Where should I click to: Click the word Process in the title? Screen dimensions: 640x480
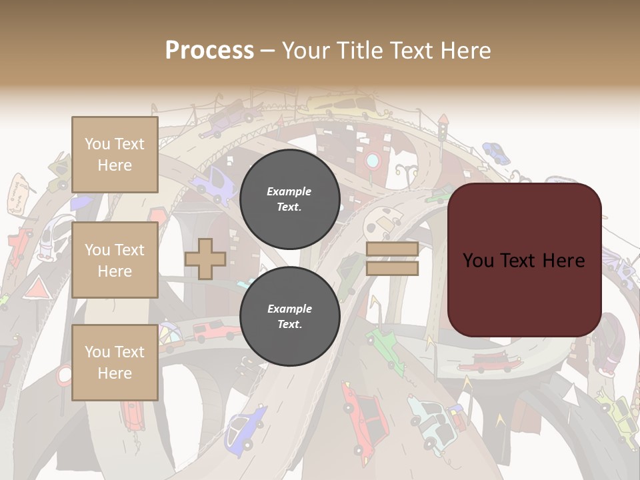click(209, 51)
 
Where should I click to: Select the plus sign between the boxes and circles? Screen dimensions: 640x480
click(205, 258)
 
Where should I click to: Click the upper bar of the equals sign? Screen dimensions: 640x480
click(392, 249)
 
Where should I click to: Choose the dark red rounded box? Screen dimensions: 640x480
click(524, 259)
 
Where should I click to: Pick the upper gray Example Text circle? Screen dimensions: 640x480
click(289, 199)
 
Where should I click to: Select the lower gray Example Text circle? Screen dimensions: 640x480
click(289, 317)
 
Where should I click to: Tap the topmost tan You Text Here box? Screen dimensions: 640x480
click(115, 155)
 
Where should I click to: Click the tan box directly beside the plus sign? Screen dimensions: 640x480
click(115, 260)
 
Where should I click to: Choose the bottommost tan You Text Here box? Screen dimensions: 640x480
click(115, 362)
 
